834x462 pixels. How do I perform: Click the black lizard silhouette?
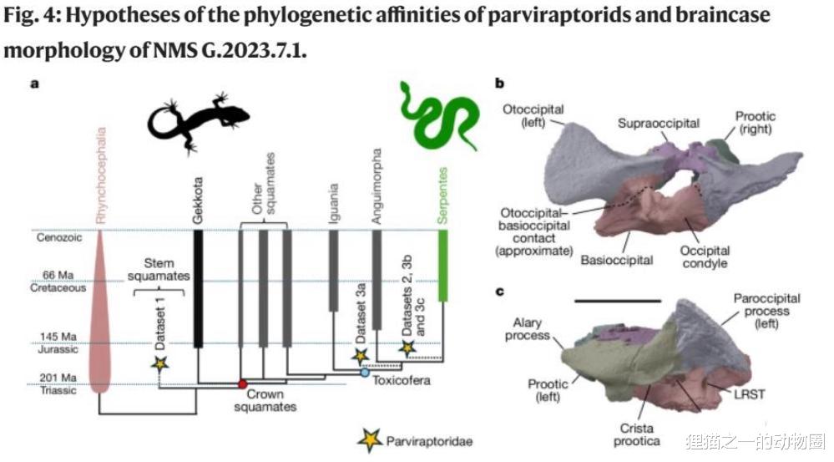coord(198,122)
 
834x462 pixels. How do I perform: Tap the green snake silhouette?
coord(439,115)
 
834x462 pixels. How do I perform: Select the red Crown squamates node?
coord(243,383)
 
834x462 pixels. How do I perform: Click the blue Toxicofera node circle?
coord(365,373)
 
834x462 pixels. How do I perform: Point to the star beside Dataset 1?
coord(159,363)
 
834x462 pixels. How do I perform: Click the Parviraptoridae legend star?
coord(370,439)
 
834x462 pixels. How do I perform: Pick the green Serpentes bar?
coord(442,267)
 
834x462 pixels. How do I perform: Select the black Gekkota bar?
coord(198,289)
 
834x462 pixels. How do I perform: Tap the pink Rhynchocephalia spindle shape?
coord(99,312)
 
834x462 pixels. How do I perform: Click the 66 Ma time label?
coord(58,275)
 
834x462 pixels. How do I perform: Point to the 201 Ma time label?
coord(58,378)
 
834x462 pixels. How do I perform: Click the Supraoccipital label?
coord(659,124)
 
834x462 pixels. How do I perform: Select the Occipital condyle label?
coord(705,256)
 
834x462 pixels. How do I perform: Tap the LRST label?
coord(750,394)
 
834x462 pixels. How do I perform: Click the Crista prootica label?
coord(637,434)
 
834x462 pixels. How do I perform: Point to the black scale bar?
coord(618,302)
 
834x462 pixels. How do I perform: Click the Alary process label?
coord(527,329)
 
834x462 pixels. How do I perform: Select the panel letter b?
coord(499,84)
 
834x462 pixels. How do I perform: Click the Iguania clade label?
coord(333,203)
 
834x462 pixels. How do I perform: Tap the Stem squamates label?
coord(159,269)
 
